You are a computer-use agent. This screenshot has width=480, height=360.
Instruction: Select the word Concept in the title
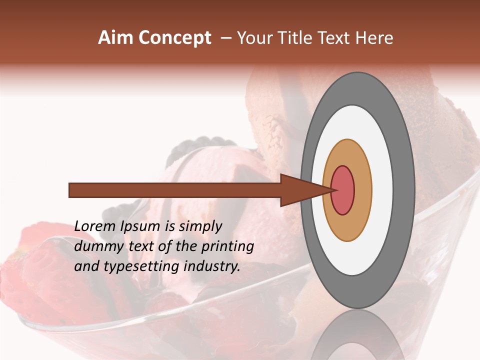pyautogui.click(x=175, y=38)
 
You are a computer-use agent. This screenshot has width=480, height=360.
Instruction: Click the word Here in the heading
pyautogui.click(x=374, y=38)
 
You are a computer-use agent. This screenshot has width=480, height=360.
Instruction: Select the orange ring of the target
pyautogui.click(x=362, y=190)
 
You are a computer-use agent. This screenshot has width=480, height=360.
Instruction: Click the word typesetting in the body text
pyautogui.click(x=134, y=266)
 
